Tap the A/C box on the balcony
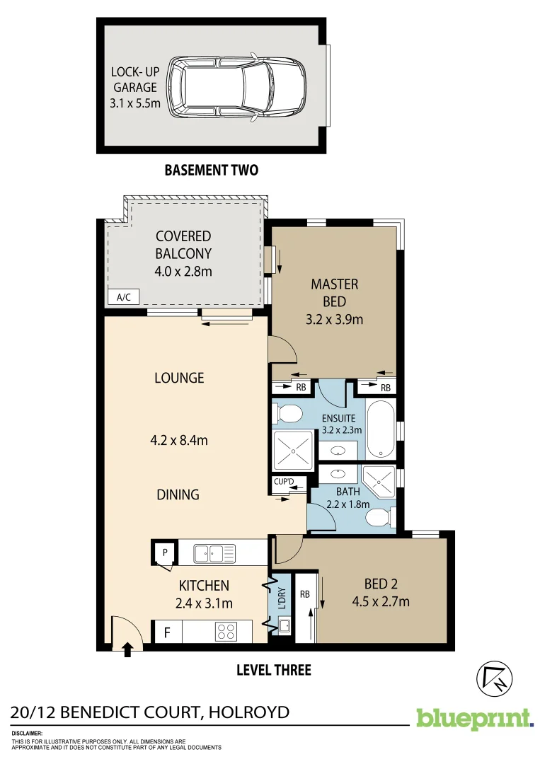pyautogui.click(x=123, y=297)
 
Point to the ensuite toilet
pyautogui.click(x=289, y=413)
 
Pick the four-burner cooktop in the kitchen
pyautogui.click(x=226, y=631)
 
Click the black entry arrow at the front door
pyautogui.click(x=128, y=649)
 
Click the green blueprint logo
pyautogui.click(x=474, y=718)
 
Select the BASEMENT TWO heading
pyautogui.click(x=211, y=170)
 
